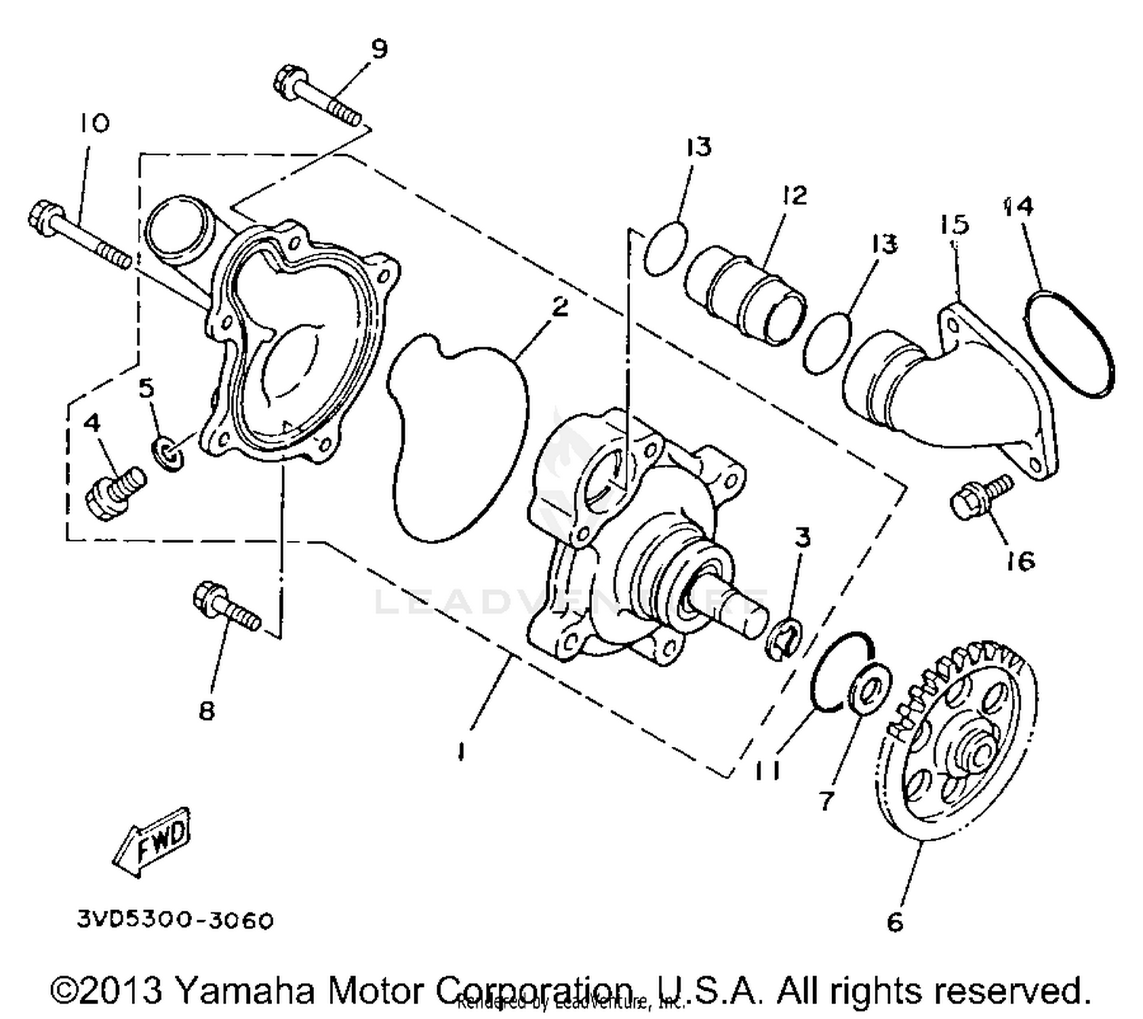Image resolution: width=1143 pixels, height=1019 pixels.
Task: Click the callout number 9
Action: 379,49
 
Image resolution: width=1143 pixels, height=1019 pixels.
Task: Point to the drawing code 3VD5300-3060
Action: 174,921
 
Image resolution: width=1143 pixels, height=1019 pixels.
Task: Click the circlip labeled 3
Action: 783,640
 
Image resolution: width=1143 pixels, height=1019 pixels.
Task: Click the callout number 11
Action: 768,771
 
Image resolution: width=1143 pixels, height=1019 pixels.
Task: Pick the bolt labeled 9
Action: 316,98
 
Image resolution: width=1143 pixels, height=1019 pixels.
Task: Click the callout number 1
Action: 460,751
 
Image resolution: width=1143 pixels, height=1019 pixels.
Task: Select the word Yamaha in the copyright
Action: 245,991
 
